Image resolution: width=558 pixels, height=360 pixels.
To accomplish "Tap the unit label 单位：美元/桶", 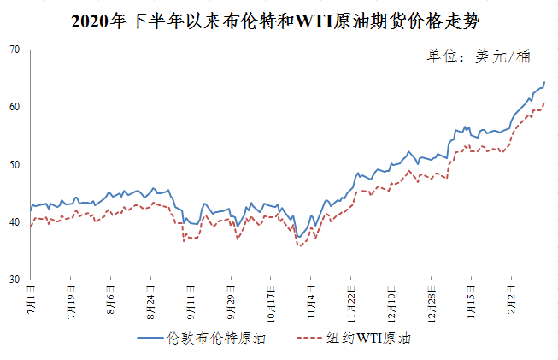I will [479, 56].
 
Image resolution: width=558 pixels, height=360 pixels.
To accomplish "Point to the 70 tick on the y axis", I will [15, 50].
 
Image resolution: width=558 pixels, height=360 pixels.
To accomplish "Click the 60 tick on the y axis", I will [15, 107].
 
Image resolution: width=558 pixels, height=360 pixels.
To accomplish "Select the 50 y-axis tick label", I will [15, 164].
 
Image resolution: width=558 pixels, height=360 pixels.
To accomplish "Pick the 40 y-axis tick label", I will [15, 222].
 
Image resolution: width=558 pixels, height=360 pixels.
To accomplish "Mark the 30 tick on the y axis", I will [15, 280].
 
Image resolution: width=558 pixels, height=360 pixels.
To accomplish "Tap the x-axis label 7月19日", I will [70, 303].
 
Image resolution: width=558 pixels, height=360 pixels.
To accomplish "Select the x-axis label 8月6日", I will [110, 301].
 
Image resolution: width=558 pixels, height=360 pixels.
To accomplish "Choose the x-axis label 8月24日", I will [150, 303].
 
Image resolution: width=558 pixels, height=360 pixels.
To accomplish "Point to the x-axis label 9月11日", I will [191, 303].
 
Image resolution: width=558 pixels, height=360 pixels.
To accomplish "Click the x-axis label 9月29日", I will [231, 303].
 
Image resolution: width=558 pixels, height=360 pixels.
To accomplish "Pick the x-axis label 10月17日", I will [271, 304].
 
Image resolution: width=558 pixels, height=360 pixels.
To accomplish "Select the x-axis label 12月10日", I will [391, 304].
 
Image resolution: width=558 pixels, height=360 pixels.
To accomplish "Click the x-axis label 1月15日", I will [471, 303].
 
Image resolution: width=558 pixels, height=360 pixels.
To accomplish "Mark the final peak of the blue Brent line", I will [544, 83].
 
